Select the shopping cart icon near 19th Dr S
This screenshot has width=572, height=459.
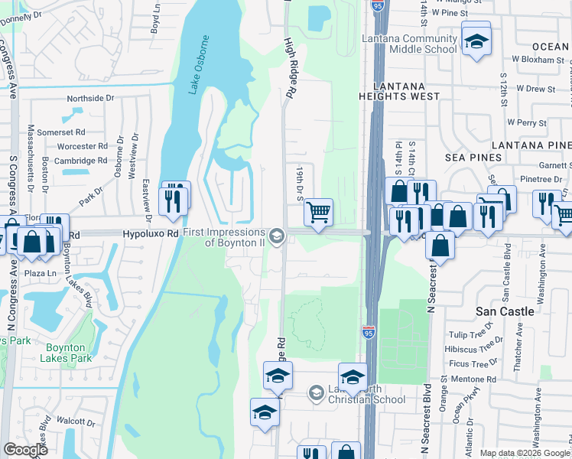coord(318,212)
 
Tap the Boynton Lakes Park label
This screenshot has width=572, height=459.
coord(64,353)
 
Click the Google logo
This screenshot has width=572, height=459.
coord(25,450)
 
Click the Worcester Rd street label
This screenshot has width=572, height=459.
coord(82,146)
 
